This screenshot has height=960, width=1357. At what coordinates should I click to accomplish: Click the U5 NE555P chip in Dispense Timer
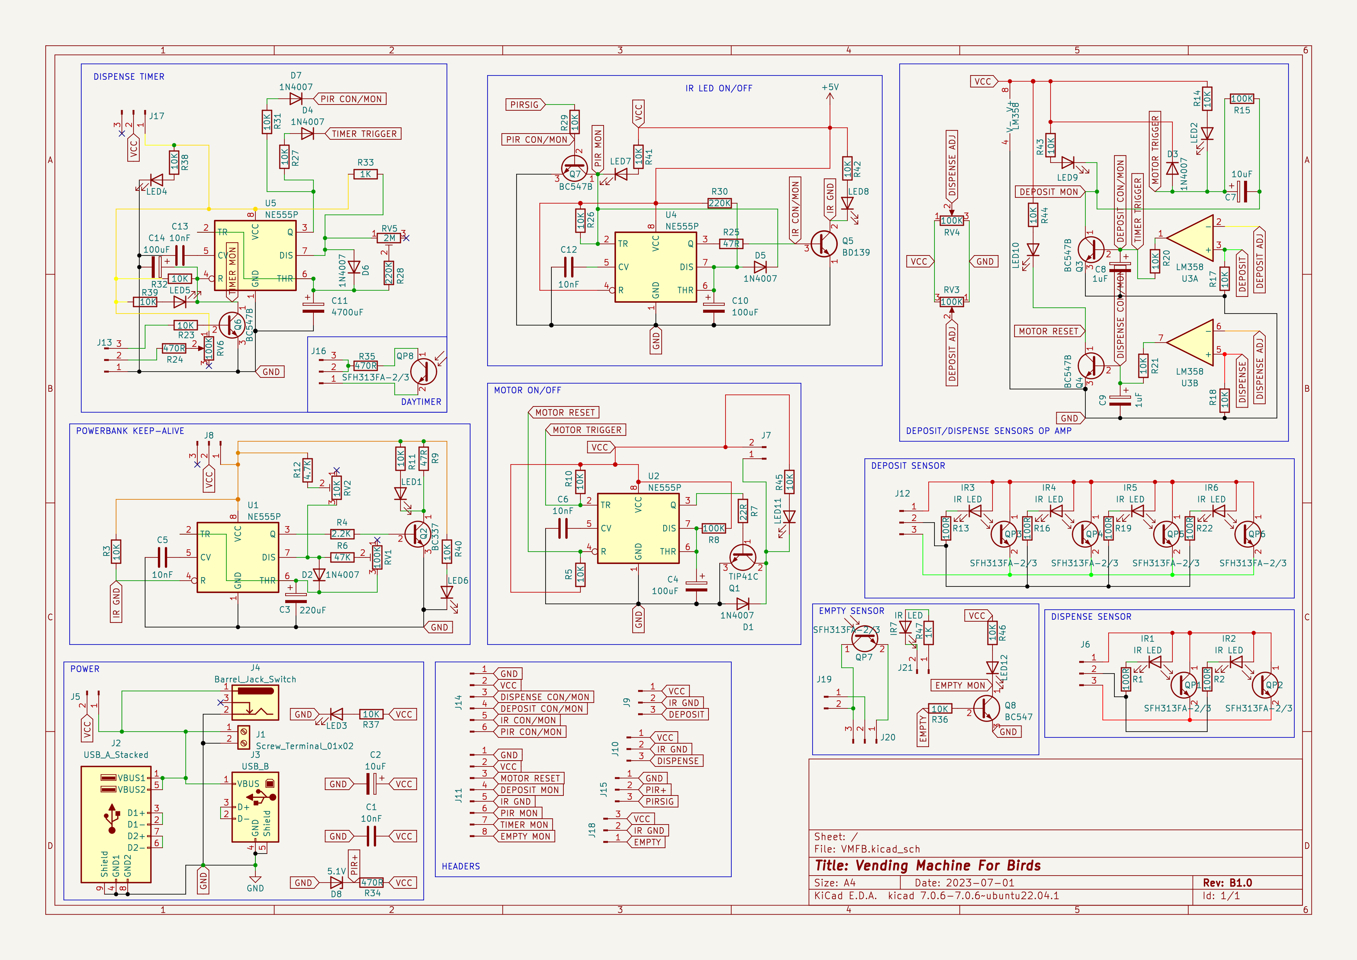pyautogui.click(x=255, y=256)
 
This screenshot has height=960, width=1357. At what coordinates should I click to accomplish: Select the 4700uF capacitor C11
pyautogui.click(x=313, y=307)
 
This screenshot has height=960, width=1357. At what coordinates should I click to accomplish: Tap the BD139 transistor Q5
pyautogui.click(x=825, y=243)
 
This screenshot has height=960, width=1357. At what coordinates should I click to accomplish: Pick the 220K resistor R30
pyautogui.click(x=719, y=203)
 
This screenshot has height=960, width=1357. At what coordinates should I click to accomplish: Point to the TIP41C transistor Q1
pyautogui.click(x=742, y=557)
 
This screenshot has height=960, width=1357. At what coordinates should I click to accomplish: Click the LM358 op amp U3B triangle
pyautogui.click(x=1191, y=343)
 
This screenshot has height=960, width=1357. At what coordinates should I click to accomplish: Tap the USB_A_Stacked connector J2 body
pyautogui.click(x=116, y=824)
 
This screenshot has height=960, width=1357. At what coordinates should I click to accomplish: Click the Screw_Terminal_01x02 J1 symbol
pyautogui.click(x=243, y=737)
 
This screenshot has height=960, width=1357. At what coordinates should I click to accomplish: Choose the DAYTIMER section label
pyautogui.click(x=421, y=402)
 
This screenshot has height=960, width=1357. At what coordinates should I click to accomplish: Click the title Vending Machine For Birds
pyautogui.click(x=927, y=866)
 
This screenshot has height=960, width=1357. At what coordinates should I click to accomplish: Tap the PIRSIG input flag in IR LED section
pyautogui.click(x=525, y=105)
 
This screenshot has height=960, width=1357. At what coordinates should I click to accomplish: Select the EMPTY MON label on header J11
pyautogui.click(x=525, y=837)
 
